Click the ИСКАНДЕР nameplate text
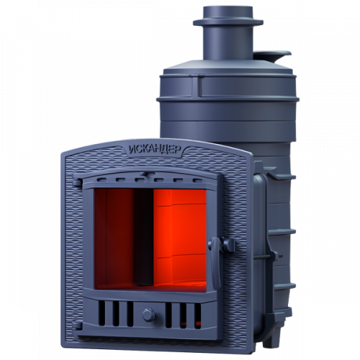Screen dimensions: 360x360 [155, 150]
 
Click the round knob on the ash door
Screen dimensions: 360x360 [149, 315]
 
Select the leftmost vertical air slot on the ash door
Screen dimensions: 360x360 [102, 313]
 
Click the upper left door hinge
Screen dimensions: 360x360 [77, 183]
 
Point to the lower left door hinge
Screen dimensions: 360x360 [77, 325]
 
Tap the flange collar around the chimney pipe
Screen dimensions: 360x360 [228, 22]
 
